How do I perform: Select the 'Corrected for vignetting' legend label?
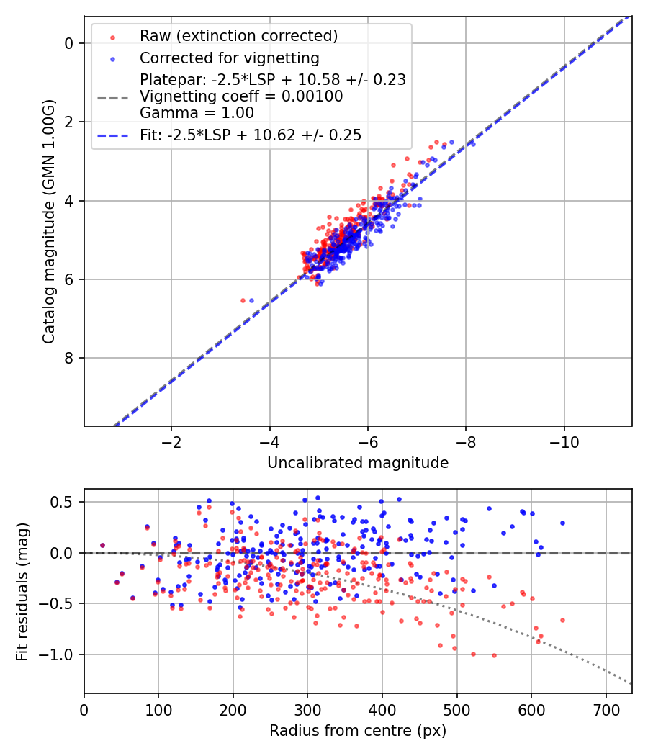[229, 58]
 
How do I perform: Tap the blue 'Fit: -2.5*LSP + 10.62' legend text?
[251, 135]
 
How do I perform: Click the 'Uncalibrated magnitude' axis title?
[358, 463]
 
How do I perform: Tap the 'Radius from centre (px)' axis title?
[358, 731]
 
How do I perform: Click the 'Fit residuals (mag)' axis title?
[22, 591]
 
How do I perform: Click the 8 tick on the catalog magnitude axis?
[70, 358]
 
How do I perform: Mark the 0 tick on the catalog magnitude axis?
[70, 43]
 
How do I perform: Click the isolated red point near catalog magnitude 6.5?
[243, 300]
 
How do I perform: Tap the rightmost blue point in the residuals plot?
[562, 523]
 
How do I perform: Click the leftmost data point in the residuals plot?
[102, 546]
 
